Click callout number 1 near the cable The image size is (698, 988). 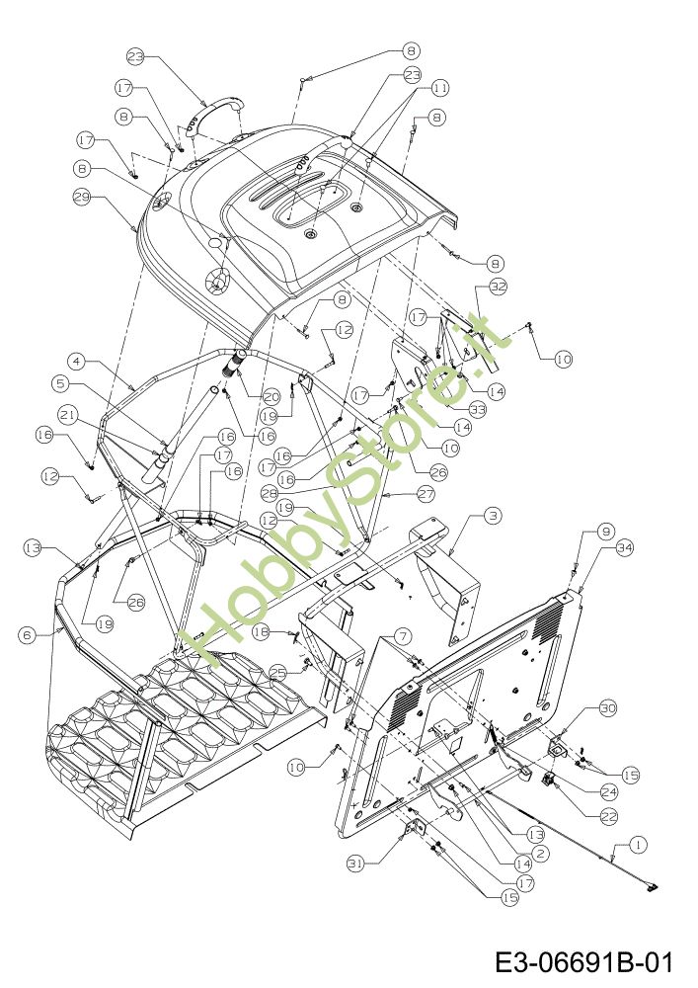click(x=637, y=845)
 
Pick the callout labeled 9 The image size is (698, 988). click(x=607, y=531)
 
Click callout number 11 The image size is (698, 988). click(x=439, y=88)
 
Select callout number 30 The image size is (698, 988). click(x=607, y=707)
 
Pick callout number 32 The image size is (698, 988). click(x=497, y=287)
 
